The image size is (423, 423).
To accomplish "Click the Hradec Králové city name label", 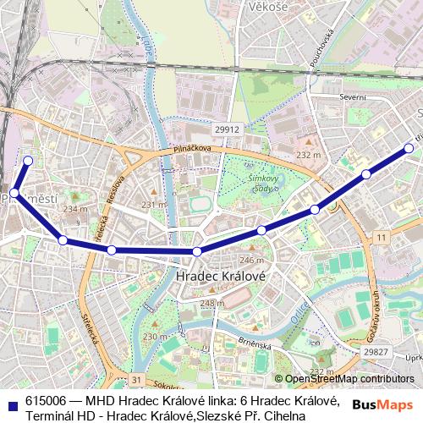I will (x=222, y=277).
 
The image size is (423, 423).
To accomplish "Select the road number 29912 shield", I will (x=227, y=129).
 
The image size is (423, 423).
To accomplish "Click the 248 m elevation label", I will (x=212, y=303).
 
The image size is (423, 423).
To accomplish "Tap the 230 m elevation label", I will (x=155, y=337).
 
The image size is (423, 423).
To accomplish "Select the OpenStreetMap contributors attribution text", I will (x=349, y=379).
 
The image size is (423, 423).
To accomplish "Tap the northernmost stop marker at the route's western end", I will (x=28, y=160).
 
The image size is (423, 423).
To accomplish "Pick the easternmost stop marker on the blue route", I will (x=409, y=148).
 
